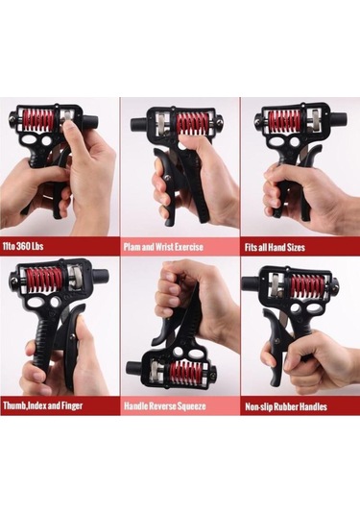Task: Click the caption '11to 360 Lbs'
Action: coord(23,246)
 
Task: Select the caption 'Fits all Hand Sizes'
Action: coord(275,247)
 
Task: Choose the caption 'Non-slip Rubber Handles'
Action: coord(286,406)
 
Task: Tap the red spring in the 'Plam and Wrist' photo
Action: coord(192,123)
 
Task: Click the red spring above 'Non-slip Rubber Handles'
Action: coord(307,284)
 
